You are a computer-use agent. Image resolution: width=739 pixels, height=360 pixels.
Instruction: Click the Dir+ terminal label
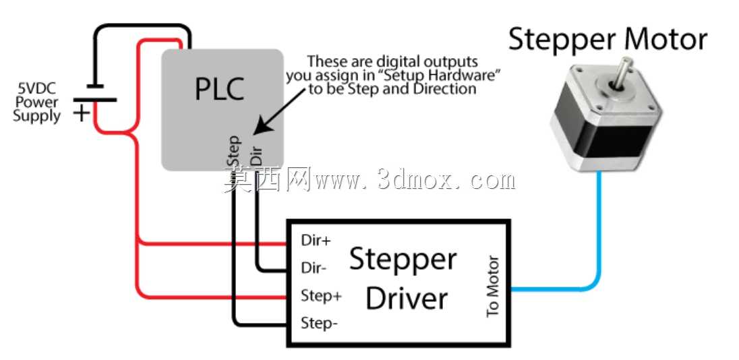tap(316, 240)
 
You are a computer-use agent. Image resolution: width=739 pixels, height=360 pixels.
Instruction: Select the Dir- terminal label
tap(314, 268)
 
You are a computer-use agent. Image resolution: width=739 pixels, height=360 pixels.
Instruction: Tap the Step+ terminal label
tap(322, 297)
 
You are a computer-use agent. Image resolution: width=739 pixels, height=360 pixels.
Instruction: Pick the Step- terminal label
tap(319, 324)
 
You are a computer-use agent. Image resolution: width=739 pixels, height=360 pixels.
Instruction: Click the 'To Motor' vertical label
tap(492, 286)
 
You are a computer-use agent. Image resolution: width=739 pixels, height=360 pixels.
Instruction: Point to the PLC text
tap(220, 88)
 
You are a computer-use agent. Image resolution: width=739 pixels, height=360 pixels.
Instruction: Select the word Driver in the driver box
tap(407, 298)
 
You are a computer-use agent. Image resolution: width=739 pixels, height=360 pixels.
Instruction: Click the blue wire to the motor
tap(599, 264)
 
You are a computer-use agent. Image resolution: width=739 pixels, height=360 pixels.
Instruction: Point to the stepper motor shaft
tap(620, 71)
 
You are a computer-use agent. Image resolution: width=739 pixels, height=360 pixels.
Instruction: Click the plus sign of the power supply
tap(82, 113)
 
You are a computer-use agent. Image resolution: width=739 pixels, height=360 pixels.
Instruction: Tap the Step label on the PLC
tap(234, 151)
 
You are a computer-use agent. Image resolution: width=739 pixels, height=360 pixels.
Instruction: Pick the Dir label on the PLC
tap(256, 155)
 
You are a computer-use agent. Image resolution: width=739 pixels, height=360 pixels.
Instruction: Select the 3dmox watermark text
tap(446, 181)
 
